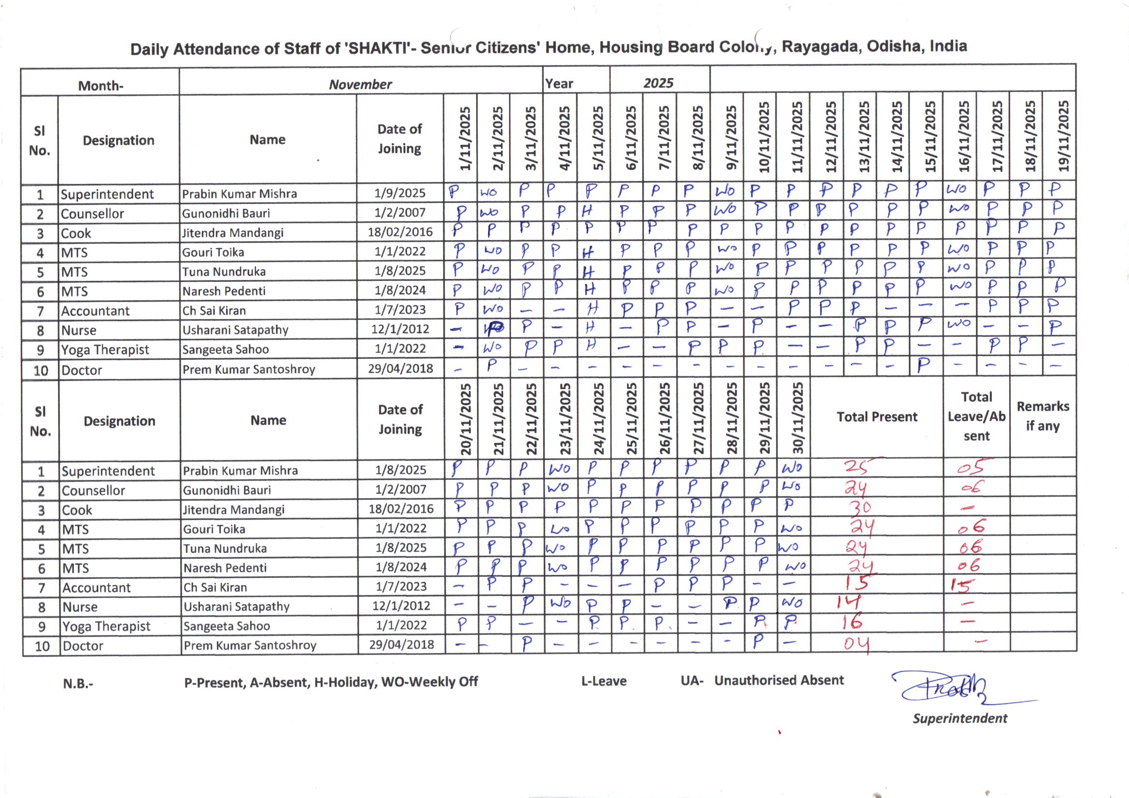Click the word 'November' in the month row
(360, 84)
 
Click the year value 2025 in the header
(658, 83)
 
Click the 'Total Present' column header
(877, 417)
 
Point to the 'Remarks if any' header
(1043, 416)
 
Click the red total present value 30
(861, 507)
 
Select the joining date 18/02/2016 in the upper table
(400, 232)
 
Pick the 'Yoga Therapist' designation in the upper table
(105, 349)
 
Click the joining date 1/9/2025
(400, 193)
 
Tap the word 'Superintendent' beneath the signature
(960, 718)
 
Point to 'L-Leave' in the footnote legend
(604, 681)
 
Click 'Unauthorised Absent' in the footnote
(779, 680)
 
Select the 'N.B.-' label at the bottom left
(78, 684)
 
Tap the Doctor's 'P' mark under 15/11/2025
(923, 365)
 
